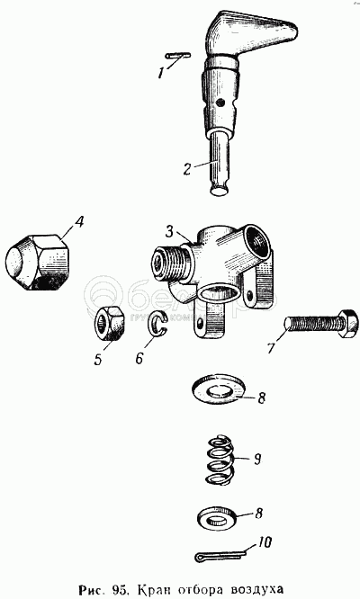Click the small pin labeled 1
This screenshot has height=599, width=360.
point(178,56)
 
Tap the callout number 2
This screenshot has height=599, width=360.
point(186,168)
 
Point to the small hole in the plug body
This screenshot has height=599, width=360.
point(219,103)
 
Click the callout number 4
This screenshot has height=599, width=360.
point(78,223)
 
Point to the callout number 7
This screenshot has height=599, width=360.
point(272,347)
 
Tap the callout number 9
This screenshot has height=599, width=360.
point(256,459)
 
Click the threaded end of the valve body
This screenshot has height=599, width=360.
point(169,264)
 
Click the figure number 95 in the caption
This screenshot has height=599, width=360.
point(126,587)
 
